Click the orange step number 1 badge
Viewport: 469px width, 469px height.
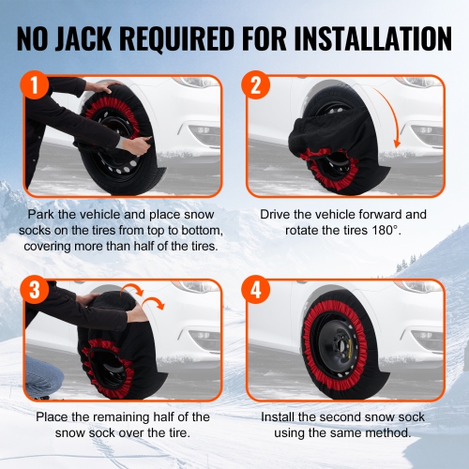[35, 87]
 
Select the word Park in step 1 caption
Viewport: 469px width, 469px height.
[42, 214]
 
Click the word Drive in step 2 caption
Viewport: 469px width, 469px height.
[280, 214]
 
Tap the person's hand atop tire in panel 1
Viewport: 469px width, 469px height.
[97, 86]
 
